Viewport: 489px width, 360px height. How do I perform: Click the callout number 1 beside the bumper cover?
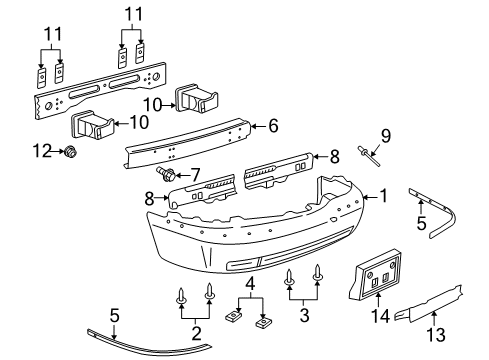[380, 197]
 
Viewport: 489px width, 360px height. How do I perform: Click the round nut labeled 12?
[72, 153]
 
